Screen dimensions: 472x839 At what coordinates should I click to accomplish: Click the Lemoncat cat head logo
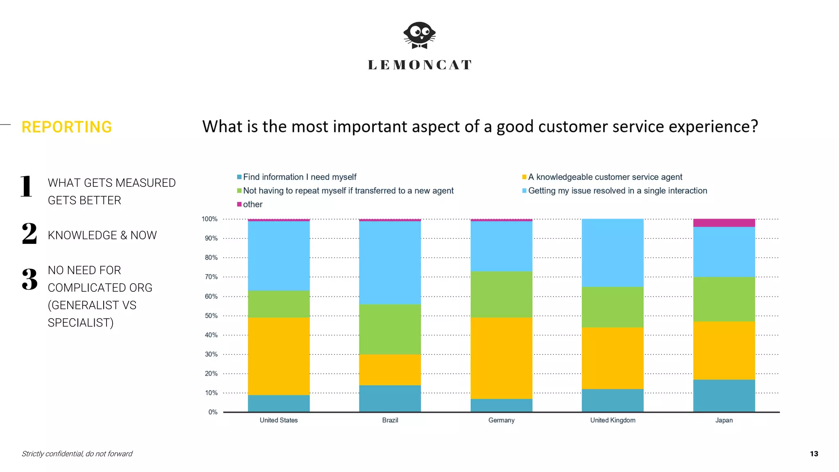[x=419, y=35]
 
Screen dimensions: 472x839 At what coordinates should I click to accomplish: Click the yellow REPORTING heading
[x=67, y=127]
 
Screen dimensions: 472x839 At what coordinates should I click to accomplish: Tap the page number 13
[x=814, y=454]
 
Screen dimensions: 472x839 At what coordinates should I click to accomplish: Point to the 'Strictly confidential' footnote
[x=77, y=454]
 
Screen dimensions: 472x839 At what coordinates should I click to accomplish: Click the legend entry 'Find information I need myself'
[x=299, y=177]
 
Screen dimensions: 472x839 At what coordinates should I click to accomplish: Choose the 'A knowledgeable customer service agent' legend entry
[x=605, y=177]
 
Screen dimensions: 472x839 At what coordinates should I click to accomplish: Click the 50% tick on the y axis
[x=211, y=316]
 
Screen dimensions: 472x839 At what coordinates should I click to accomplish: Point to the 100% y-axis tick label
[x=210, y=219]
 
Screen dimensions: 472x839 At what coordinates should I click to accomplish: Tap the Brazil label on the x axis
[x=390, y=420]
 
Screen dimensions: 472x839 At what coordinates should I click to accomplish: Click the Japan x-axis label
[x=724, y=420]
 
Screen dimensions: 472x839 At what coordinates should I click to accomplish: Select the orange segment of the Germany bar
[x=501, y=358]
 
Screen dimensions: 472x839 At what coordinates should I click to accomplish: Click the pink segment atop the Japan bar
[x=724, y=223]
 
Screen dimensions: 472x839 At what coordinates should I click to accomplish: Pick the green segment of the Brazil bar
[x=390, y=329]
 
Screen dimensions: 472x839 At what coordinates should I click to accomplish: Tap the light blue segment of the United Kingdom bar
[x=612, y=253]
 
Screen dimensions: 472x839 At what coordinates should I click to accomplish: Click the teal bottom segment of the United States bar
[x=279, y=404]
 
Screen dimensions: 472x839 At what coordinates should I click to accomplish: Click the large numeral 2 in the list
[x=29, y=234]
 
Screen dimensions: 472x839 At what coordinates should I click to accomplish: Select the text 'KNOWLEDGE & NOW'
[x=102, y=235]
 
